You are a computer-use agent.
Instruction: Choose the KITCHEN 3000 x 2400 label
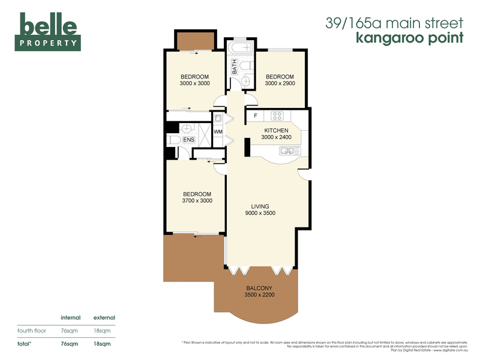[x=277, y=134]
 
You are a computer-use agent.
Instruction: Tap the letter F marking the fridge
[x=255, y=115]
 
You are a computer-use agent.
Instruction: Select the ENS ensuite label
[x=188, y=140]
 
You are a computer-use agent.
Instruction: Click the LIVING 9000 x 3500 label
[x=260, y=209]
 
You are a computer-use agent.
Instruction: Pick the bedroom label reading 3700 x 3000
[x=197, y=197]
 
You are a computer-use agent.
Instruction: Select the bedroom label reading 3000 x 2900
[x=280, y=80]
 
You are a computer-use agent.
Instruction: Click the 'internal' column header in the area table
[x=71, y=317]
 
